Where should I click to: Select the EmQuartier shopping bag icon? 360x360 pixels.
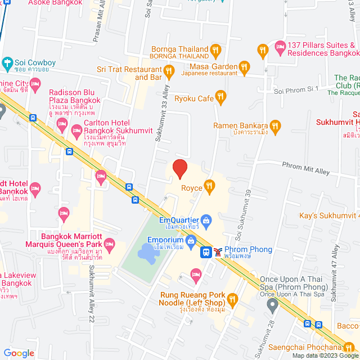click(206, 219)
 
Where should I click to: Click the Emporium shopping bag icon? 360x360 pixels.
click(191, 240)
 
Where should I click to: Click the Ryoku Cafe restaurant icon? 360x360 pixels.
click(221, 98)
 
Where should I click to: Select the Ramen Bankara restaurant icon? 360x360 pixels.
click(275, 125)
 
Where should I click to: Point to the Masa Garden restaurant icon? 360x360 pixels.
click(244, 68)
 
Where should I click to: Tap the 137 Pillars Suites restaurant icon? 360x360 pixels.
click(262, 52)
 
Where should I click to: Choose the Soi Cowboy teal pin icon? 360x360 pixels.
click(7, 62)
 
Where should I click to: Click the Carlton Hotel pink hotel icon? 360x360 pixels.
click(77, 131)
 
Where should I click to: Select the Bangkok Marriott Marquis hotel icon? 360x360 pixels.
click(109, 245)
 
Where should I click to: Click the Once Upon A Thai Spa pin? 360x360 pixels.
click(273, 305)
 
